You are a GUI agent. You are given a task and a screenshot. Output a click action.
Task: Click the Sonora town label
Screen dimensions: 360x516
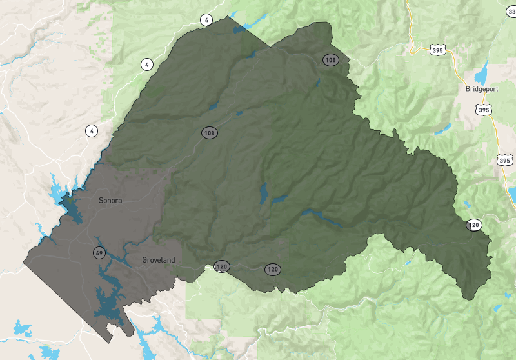tap(110, 200)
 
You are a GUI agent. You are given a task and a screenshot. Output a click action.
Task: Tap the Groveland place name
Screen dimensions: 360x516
tap(159, 260)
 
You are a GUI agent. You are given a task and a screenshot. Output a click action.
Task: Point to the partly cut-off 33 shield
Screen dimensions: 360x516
tap(512, 10)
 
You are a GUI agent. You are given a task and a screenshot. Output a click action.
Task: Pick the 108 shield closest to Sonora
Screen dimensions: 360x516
tap(209, 133)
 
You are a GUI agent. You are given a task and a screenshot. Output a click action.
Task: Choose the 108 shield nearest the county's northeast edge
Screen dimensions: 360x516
tap(331, 60)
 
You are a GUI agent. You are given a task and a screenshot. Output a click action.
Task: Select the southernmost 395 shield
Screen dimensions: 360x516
tap(504, 159)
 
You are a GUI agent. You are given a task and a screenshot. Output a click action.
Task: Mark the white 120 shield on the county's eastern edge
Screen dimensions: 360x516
tap(474, 225)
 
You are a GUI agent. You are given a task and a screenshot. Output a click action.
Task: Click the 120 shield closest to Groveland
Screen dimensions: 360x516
tap(222, 266)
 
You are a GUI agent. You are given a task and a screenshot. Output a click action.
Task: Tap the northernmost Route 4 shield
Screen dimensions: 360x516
tap(206, 20)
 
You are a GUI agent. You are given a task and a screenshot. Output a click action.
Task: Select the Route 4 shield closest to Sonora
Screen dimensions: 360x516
tap(92, 131)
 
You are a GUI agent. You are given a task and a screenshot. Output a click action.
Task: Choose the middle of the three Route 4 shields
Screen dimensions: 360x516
tap(147, 65)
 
